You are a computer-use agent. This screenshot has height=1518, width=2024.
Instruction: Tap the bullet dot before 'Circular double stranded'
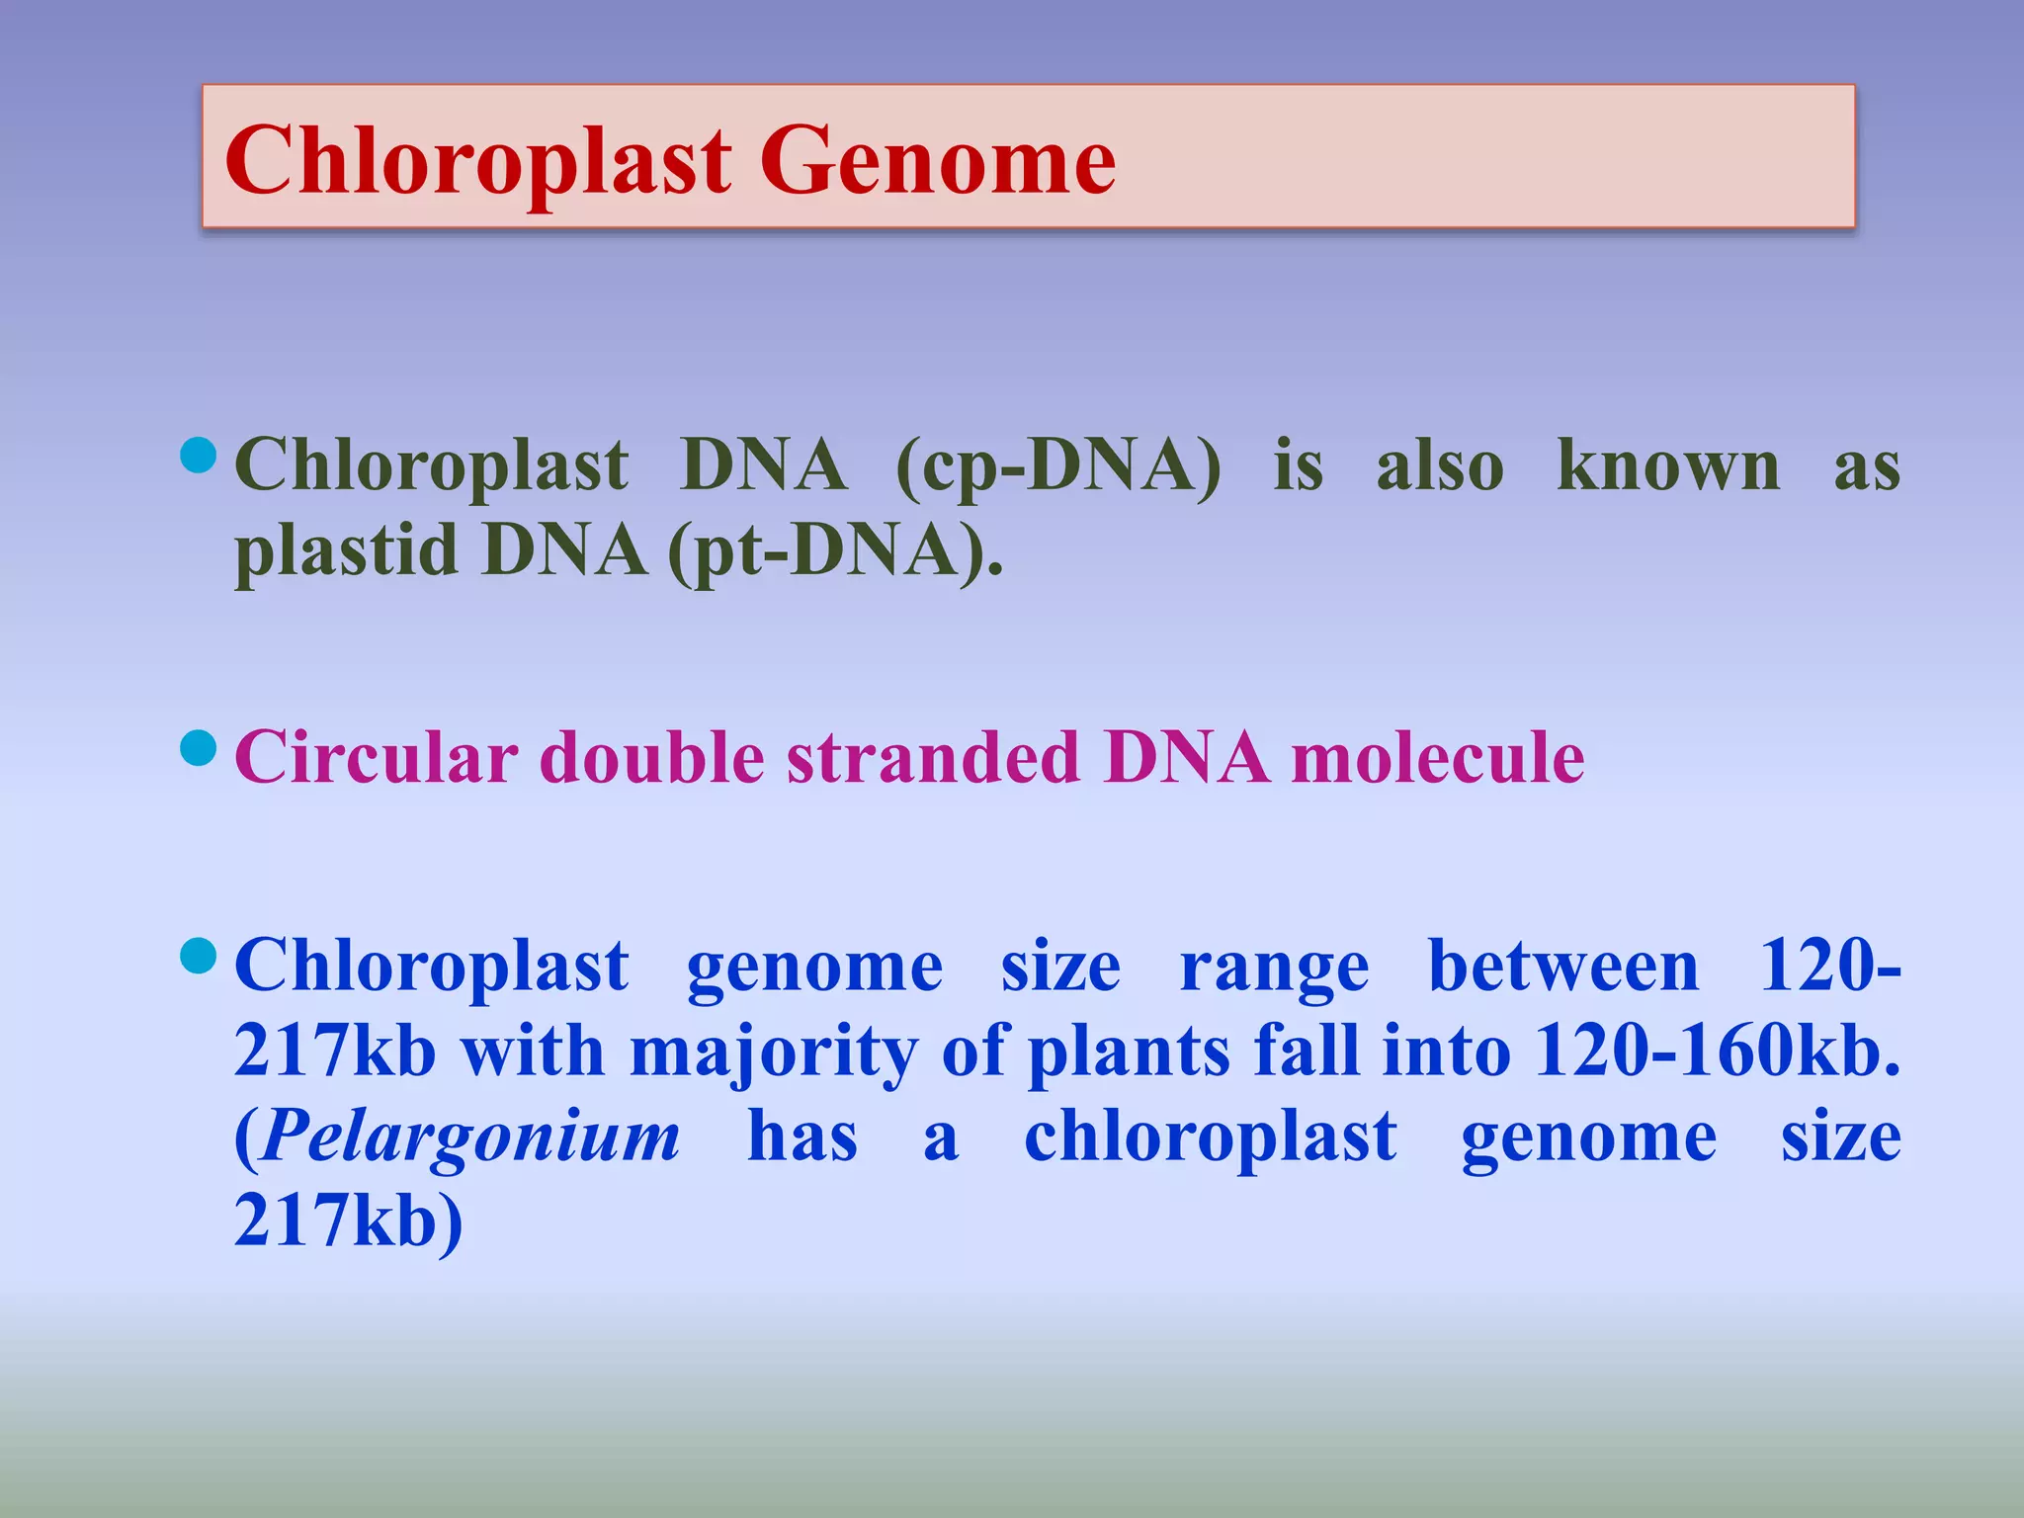199,748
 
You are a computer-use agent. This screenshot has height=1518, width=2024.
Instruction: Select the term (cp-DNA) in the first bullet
1057,464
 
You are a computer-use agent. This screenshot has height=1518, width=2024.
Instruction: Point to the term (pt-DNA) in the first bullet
835,550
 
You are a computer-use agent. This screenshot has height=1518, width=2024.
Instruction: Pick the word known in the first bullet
1667,464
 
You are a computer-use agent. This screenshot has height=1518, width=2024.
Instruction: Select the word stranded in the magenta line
933,758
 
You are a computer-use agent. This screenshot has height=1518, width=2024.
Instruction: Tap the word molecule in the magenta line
1438,758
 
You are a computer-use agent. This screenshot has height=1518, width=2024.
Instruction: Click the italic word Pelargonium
470,1137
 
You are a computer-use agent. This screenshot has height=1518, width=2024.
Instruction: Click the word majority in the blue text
774,1051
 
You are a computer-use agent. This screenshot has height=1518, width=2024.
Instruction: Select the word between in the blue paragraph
1563,966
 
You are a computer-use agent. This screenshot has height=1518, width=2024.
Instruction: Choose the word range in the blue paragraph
1274,966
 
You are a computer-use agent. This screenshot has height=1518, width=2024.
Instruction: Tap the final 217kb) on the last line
348,1222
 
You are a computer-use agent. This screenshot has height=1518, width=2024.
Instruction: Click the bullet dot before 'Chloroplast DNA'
199,456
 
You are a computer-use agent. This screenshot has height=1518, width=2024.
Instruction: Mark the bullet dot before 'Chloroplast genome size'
199,956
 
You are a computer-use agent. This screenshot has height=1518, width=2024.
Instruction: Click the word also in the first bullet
1440,464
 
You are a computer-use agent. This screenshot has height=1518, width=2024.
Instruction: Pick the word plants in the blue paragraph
1130,1051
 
